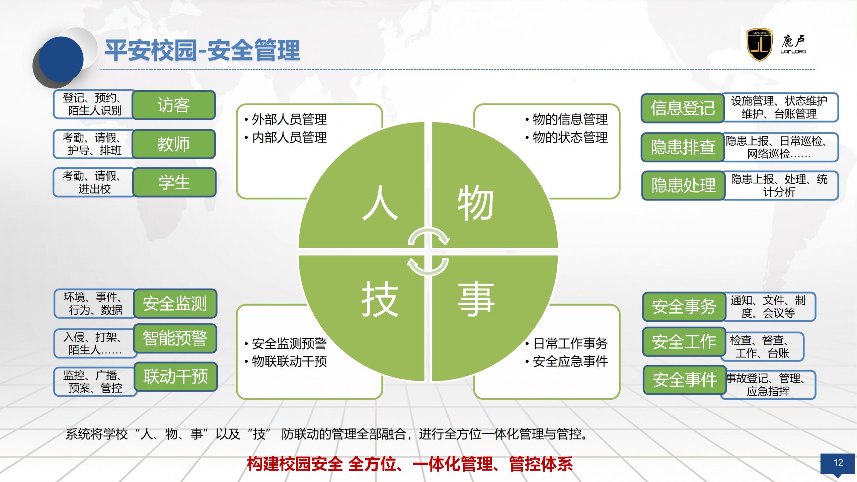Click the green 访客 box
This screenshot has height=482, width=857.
click(x=174, y=105)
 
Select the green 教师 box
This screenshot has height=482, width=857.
click(x=174, y=144)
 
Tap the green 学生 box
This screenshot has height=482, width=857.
click(x=174, y=182)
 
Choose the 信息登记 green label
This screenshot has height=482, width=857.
click(x=683, y=108)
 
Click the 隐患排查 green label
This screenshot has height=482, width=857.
click(x=683, y=147)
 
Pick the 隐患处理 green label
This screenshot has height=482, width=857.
click(x=683, y=185)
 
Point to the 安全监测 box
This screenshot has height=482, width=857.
click(x=175, y=304)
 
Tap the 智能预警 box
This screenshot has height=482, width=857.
click(x=175, y=338)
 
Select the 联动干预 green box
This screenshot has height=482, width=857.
click(x=176, y=377)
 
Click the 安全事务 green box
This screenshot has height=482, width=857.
click(x=684, y=307)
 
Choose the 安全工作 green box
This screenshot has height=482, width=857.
click(x=684, y=342)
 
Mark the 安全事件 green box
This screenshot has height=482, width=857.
click(x=685, y=380)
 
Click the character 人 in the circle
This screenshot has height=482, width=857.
click(x=380, y=203)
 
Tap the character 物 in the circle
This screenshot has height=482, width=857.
click(x=476, y=203)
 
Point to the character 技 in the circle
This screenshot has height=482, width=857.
click(x=380, y=299)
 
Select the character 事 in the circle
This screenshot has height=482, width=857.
click(x=476, y=299)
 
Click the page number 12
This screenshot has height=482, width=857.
click(x=838, y=463)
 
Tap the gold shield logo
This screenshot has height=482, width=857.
click(x=760, y=45)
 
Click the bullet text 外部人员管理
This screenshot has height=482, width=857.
click(x=289, y=119)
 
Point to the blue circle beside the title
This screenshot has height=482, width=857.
click(x=61, y=60)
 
